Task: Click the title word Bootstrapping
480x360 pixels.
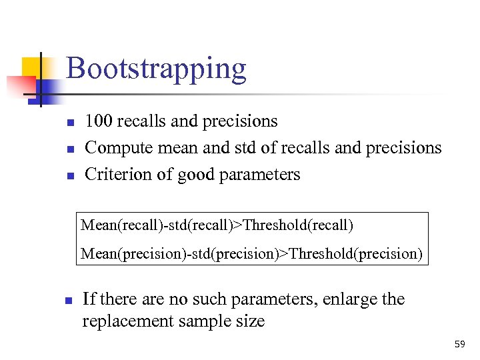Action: point(156,69)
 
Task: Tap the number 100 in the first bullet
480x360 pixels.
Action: point(99,121)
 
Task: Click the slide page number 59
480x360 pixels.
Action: point(459,344)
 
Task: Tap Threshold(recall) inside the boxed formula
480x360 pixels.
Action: point(298,225)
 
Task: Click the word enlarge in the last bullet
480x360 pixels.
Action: point(349,299)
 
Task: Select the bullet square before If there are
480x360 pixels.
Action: point(68,301)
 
